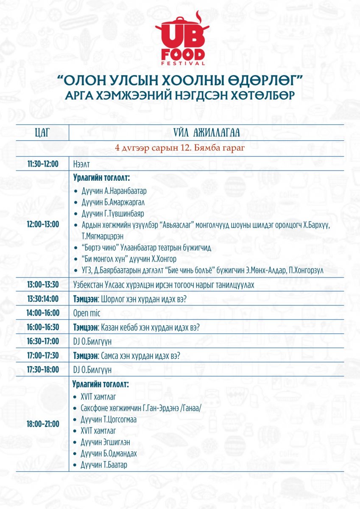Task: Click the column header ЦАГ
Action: point(42,132)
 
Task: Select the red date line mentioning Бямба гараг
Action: point(180,148)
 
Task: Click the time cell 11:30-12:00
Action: point(43,163)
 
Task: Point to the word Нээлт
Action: point(82,164)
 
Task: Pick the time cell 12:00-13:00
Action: point(43,224)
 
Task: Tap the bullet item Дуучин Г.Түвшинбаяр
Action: point(112,213)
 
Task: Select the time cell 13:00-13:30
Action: point(43,285)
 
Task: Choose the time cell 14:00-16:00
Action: point(43,313)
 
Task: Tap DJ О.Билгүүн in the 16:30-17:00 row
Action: point(92,341)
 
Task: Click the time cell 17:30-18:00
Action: point(43,369)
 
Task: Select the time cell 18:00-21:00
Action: point(43,423)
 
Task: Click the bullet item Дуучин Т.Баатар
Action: point(104,465)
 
